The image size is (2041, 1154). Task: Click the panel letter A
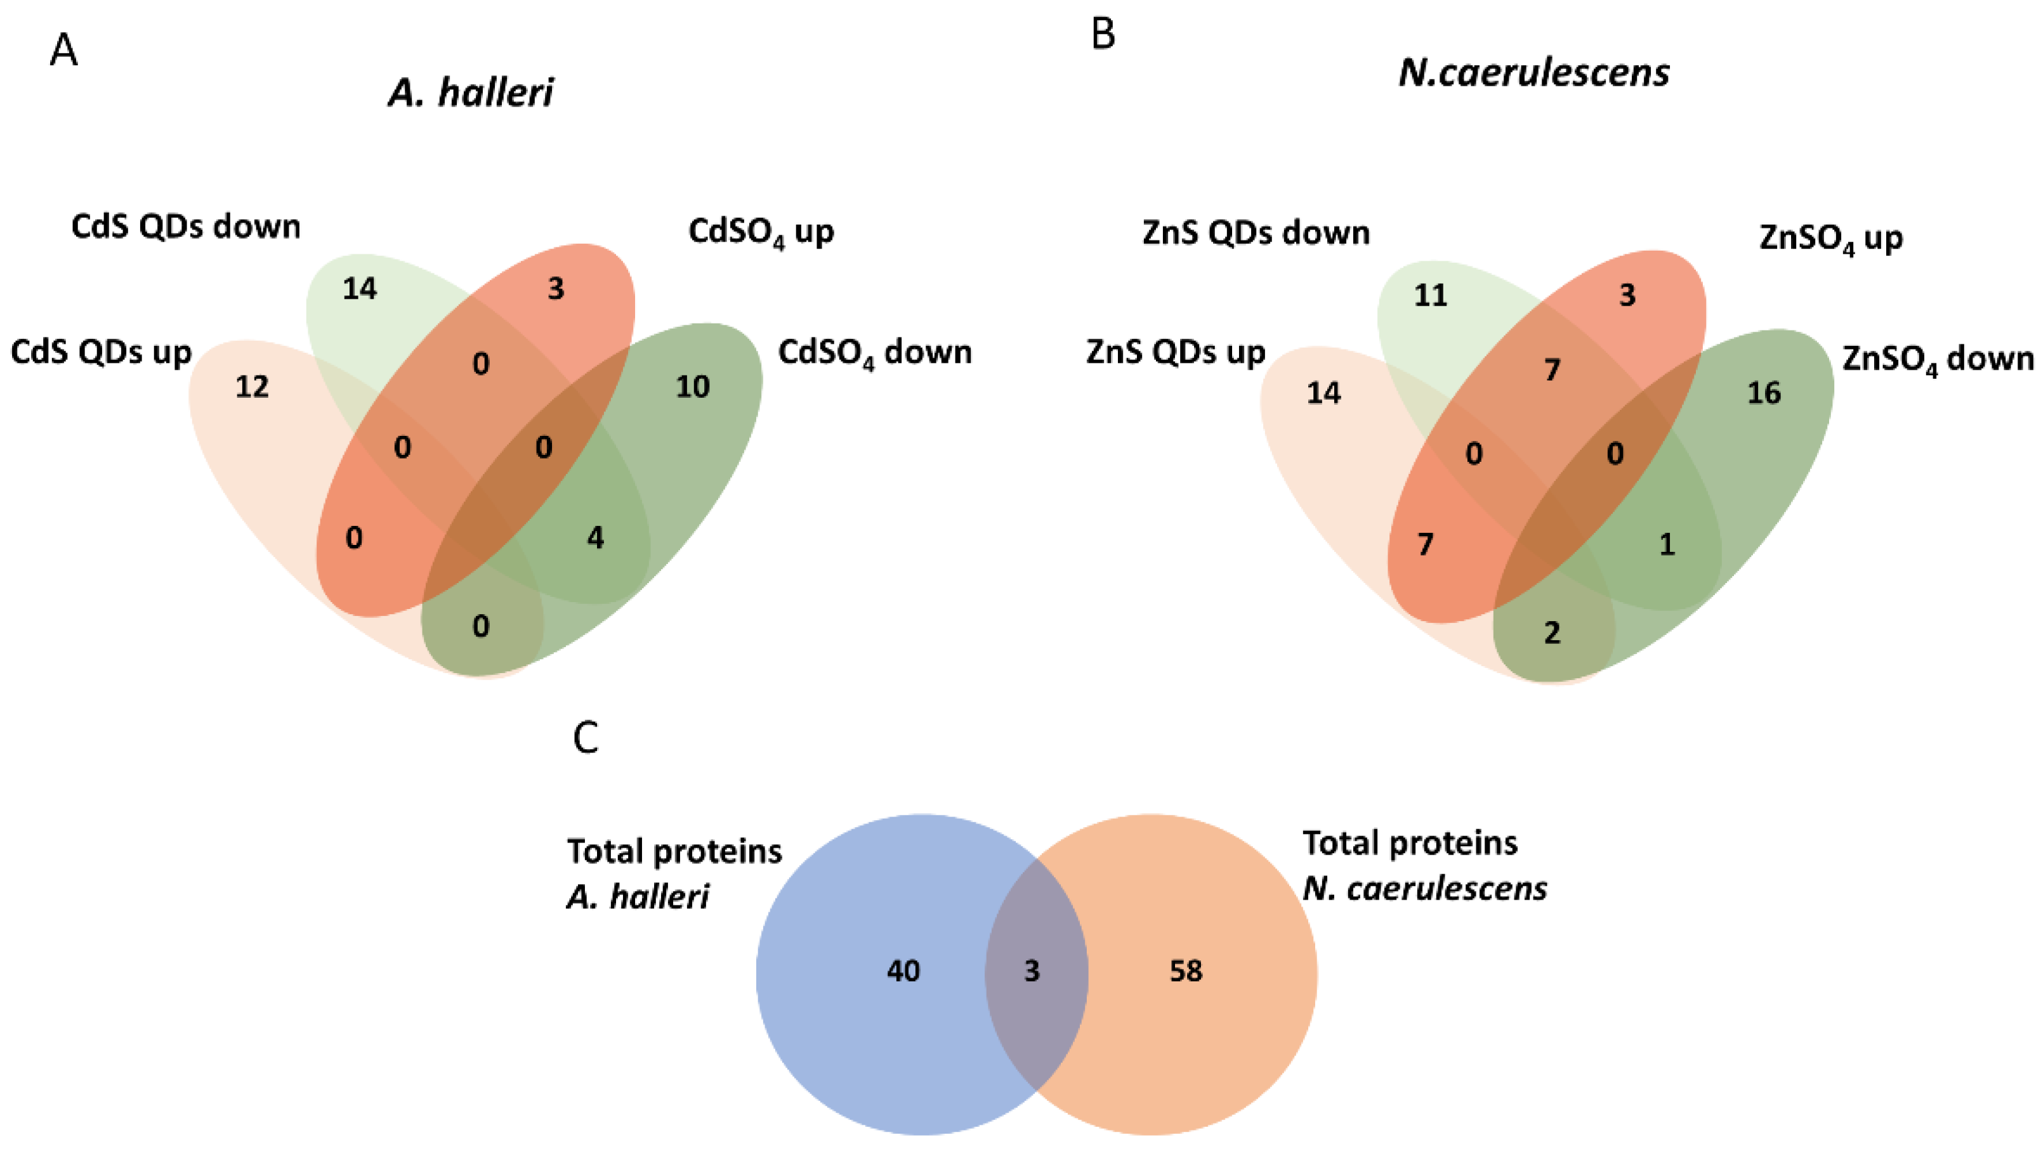63,51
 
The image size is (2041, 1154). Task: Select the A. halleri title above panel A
471,93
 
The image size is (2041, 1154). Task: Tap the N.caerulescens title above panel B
1533,73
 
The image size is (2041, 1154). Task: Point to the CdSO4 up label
761,232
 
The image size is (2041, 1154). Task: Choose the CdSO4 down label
874,353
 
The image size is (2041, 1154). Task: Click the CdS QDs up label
101,352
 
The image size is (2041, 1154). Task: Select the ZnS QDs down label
1256,233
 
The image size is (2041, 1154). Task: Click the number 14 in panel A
359,289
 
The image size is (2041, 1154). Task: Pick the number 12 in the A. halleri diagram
252,387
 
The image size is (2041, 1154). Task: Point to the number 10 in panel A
692,387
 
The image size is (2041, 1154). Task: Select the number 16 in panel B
1764,393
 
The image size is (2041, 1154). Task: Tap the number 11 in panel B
1431,296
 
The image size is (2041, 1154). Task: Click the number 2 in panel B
1552,633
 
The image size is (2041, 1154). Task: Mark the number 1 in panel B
1667,544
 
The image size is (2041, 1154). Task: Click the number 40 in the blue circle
903,971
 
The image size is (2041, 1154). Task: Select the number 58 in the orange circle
1186,971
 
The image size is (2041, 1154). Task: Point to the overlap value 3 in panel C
1031,971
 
